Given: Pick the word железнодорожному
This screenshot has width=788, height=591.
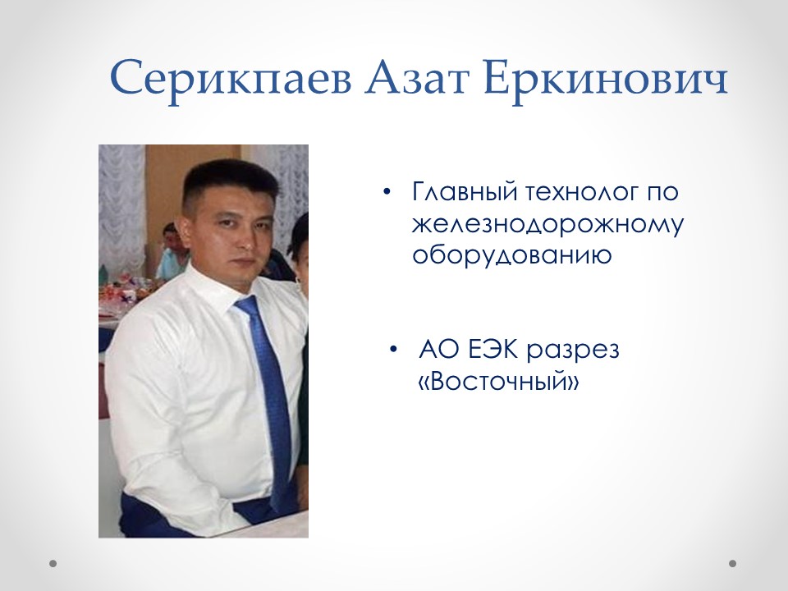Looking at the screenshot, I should point(547,225).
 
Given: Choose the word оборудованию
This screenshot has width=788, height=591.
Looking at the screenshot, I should point(511,255).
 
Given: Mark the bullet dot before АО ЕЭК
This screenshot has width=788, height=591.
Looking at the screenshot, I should point(395,350).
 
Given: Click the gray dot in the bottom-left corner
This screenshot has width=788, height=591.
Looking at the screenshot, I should point(53,564).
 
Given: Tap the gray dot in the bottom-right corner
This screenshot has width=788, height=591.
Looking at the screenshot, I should point(733,564).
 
